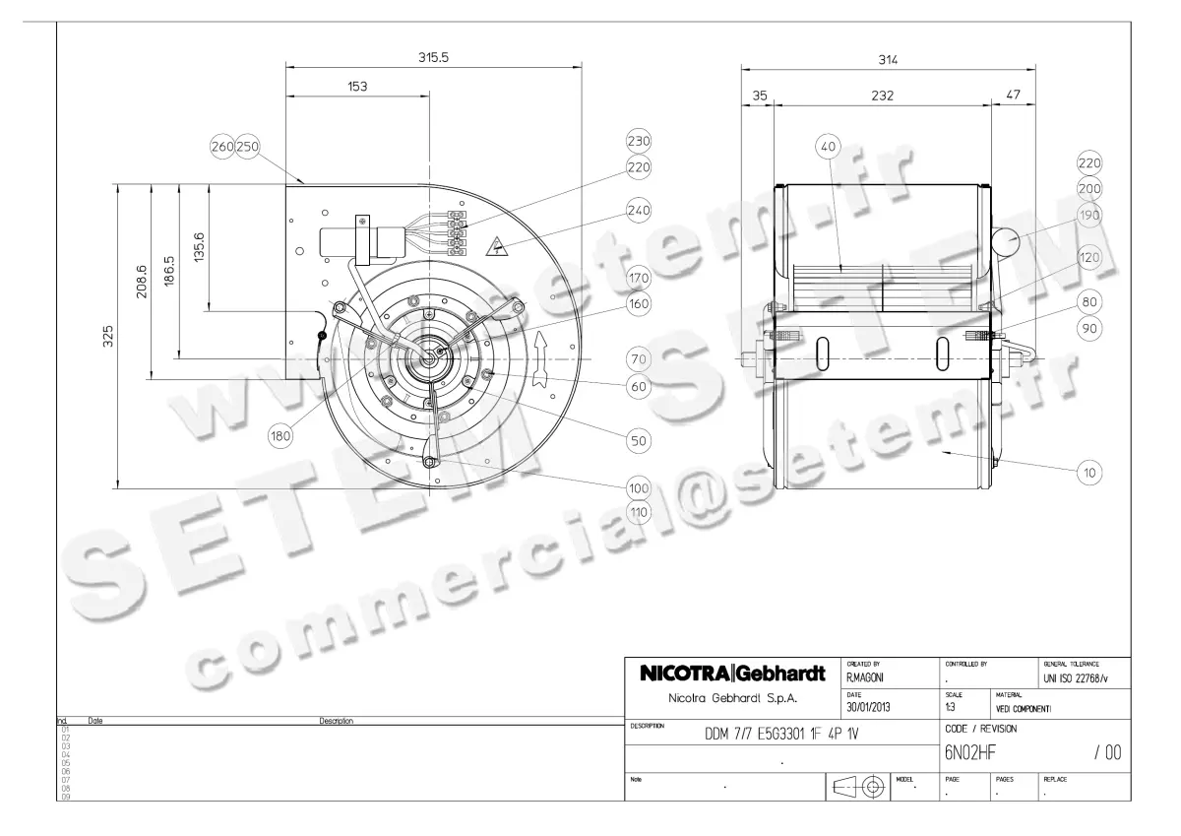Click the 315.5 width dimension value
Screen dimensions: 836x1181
tap(433, 58)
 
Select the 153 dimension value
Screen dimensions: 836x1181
tap(356, 87)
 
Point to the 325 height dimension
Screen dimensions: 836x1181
tap(109, 336)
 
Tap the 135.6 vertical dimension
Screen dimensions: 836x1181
tap(200, 246)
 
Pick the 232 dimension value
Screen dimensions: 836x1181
tap(882, 96)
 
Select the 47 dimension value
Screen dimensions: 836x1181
tap(1014, 96)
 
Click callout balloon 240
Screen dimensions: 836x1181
tap(639, 210)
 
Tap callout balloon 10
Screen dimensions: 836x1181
tap(1089, 473)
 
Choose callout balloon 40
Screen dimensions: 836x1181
tap(828, 147)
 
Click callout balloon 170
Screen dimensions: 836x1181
tap(639, 279)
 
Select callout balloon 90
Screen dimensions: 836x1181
tap(1089, 329)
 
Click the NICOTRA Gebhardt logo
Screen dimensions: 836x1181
tap(731, 675)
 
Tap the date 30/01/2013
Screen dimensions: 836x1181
tap(871, 706)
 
